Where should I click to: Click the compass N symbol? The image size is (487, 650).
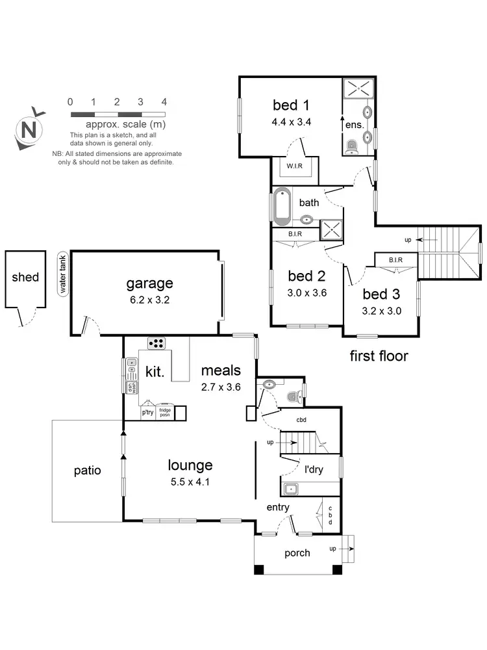pyautogui.click(x=29, y=129)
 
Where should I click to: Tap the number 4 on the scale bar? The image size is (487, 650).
pyautogui.click(x=164, y=102)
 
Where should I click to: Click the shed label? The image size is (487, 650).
pyautogui.click(x=25, y=278)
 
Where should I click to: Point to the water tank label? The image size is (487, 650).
pyautogui.click(x=64, y=274)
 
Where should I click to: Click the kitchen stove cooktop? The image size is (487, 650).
pyautogui.click(x=157, y=343)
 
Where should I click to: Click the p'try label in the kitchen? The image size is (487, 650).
pyautogui.click(x=147, y=412)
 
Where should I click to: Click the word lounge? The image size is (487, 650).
pyautogui.click(x=190, y=465)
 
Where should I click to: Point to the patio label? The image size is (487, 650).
pyautogui.click(x=87, y=470)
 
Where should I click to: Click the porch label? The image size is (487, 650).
pyautogui.click(x=297, y=553)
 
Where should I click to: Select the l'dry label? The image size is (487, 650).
pyautogui.click(x=314, y=469)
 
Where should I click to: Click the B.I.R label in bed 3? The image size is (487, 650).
pyautogui.click(x=395, y=260)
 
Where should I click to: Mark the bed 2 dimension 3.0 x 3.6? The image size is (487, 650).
pyautogui.click(x=306, y=292)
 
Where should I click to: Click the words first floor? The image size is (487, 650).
pyautogui.click(x=379, y=356)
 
